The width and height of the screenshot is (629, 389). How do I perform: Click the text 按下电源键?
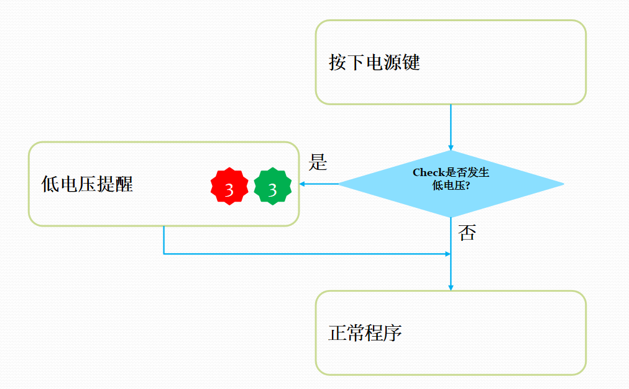[374, 63]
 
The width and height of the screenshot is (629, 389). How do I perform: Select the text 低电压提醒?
[87, 184]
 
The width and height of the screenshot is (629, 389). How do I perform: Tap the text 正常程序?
[365, 333]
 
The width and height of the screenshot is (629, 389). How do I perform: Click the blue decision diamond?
[451, 184]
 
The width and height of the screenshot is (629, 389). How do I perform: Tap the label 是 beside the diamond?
[318, 164]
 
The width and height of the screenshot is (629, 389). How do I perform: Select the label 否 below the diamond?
[467, 233]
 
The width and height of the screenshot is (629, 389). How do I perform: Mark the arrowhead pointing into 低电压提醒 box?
[303, 184]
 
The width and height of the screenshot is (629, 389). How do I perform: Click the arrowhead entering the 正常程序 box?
[451, 287]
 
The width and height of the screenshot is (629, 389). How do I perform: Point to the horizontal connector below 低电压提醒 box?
[305, 254]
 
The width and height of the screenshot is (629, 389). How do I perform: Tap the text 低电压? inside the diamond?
[451, 185]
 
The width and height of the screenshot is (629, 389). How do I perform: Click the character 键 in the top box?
[411, 63]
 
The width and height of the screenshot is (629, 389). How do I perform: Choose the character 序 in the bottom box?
[393, 333]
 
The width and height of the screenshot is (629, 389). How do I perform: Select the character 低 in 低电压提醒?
[50, 184]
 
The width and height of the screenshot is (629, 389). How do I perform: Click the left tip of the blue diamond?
[339, 184]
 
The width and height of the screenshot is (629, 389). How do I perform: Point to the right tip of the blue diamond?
[562, 184]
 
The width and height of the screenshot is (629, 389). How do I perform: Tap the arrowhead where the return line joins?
[448, 254]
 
